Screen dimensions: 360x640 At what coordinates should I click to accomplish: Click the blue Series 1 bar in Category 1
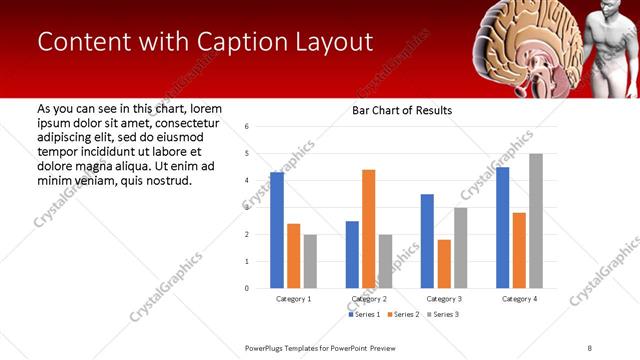277,230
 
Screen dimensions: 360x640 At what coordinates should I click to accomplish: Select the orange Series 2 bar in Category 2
369,229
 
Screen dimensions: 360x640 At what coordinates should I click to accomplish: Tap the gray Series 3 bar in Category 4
536,221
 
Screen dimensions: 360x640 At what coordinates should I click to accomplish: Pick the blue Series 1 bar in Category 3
427,241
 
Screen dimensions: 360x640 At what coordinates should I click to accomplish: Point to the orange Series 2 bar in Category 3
444,264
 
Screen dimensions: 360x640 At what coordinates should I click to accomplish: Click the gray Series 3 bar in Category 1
310,261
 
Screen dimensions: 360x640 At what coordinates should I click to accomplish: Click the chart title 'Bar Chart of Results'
402,110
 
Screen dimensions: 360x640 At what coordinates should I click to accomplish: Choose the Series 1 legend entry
363,314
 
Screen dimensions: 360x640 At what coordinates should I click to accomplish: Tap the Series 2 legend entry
402,314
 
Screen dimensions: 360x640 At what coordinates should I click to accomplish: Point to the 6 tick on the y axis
247,127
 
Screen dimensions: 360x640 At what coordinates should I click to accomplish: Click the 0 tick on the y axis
247,288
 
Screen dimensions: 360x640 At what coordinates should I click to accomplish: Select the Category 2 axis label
369,299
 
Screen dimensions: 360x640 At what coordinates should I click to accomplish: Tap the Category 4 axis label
519,299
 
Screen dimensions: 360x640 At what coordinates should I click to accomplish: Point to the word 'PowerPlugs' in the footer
268,347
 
